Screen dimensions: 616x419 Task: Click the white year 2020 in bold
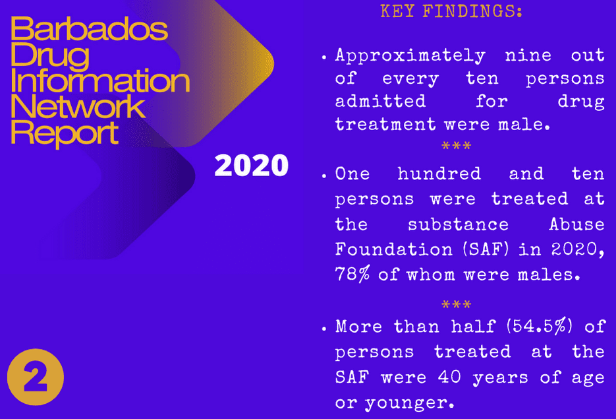coord(252,165)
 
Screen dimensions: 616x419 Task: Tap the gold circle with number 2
coord(36,377)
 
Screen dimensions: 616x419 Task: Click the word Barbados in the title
coord(89,29)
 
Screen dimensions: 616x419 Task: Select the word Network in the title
coord(78,107)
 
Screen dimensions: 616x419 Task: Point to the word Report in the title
coord(65,133)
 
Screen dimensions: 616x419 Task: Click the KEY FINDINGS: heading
coord(451,11)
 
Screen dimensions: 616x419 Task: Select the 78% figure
coord(352,274)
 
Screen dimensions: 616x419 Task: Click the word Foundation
coord(393,249)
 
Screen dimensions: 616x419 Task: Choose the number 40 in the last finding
coord(449,377)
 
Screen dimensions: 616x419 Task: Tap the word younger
coord(409,403)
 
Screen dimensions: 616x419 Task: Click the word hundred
coord(439,174)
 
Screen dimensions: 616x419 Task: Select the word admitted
coord(380,101)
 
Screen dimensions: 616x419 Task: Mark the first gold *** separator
coord(456,146)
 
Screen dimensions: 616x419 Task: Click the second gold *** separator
coord(456,304)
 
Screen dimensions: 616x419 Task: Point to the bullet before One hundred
coord(323,176)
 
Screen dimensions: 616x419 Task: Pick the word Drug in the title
coord(50,55)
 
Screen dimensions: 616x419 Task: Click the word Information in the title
coord(100,81)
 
